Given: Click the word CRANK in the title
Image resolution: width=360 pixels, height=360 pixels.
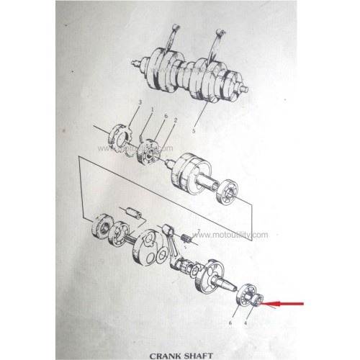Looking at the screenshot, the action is click(166, 356).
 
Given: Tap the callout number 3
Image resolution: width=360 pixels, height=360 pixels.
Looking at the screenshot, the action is click(140, 103).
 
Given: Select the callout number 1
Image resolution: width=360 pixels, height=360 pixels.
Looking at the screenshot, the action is click(152, 110).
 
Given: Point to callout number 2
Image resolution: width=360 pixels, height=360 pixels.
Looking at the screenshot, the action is click(176, 120).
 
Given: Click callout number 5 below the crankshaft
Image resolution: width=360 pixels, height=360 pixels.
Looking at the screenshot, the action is click(194, 131).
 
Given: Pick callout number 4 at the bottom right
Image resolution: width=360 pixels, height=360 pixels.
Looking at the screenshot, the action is click(246, 323).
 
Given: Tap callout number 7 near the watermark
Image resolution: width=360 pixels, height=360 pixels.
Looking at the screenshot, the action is click(199, 231).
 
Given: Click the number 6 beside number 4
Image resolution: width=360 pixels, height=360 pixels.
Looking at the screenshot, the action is click(230, 323).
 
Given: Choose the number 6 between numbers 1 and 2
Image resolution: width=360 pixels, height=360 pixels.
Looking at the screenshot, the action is click(166, 116).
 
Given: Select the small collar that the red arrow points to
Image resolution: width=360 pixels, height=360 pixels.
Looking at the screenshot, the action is click(257, 300).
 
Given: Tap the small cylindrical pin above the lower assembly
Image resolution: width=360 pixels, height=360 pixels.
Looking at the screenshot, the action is click(134, 212).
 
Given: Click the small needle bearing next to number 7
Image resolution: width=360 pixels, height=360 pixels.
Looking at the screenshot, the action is click(186, 238).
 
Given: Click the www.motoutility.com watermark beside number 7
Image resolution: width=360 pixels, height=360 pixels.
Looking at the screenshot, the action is click(230, 235).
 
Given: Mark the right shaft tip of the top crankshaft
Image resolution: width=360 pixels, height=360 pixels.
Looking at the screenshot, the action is click(245, 89).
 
